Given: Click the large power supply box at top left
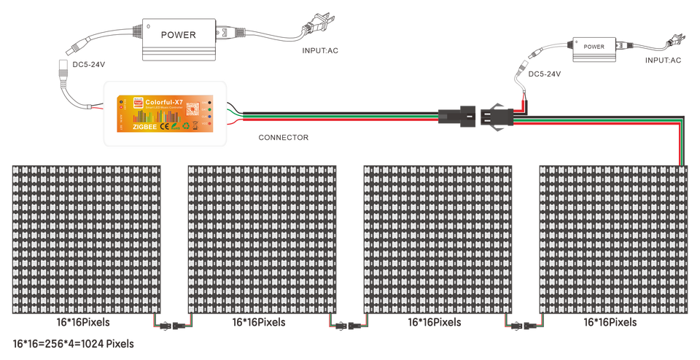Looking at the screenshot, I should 179,34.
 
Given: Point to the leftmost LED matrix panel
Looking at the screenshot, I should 87,239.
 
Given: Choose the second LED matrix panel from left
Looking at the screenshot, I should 263,239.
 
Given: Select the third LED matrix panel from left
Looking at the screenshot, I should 437,239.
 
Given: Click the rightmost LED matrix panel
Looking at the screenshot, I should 613,239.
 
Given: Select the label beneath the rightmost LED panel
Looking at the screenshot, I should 613,321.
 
